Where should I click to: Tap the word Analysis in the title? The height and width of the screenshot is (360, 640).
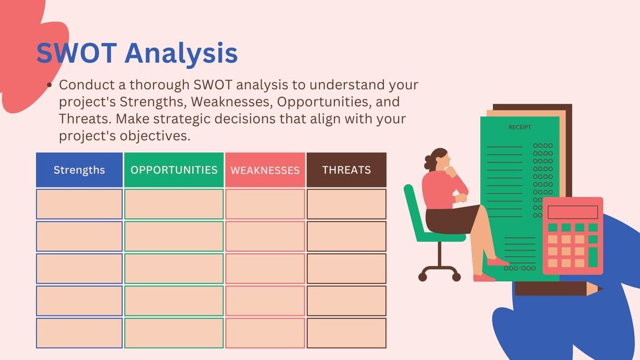point(181,55)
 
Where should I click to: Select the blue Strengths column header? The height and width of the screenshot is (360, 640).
point(79,169)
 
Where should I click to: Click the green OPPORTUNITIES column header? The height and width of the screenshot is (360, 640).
point(174,169)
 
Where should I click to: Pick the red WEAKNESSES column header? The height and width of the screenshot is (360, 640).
point(266,169)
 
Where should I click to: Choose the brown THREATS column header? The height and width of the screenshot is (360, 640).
point(346,169)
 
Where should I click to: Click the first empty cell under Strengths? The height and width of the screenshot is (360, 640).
point(79,204)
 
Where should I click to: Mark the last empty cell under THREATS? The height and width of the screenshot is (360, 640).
point(346,333)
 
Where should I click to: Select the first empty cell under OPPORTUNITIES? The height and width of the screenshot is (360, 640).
point(174,204)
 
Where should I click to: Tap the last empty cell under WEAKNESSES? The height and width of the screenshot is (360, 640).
point(266,333)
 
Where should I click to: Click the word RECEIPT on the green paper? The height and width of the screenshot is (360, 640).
point(520,127)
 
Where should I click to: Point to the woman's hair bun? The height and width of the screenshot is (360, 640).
point(428,162)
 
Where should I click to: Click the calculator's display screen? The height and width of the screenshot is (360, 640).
point(572,212)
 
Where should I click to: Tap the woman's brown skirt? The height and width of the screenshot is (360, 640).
point(451,219)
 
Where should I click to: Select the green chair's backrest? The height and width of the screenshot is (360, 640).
point(412,209)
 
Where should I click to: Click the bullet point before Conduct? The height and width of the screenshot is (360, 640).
point(50,85)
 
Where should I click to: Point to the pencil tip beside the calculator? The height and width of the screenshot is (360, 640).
point(600,289)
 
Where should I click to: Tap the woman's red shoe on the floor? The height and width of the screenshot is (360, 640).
point(484,278)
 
